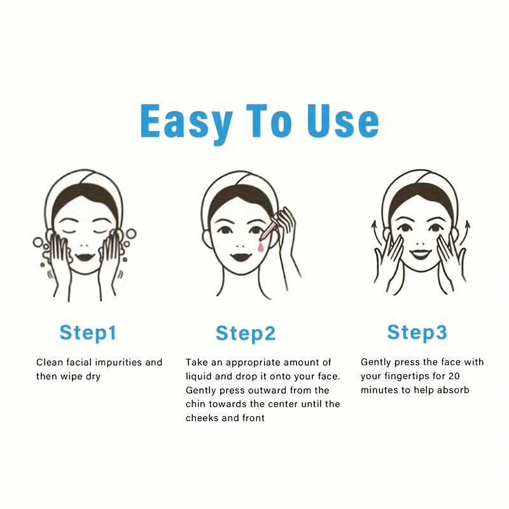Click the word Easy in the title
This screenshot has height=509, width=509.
(186, 123)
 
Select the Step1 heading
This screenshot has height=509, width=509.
(88, 333)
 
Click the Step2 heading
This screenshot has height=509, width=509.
(246, 333)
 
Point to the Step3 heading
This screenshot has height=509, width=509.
(417, 332)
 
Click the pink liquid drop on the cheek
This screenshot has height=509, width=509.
(261, 247)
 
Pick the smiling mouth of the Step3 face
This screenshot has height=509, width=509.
(421, 255)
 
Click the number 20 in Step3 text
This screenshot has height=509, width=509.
(454, 376)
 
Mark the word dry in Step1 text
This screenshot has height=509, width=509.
(93, 377)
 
